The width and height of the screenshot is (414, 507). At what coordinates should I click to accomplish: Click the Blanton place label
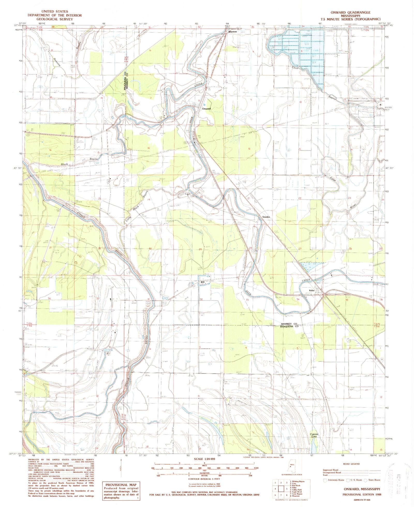(x=233, y=32)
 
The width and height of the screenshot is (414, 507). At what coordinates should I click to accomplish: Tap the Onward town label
(x=206, y=109)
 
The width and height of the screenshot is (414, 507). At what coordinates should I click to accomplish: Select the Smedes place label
(x=266, y=217)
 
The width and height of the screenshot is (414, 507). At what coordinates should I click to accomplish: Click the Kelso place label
(x=312, y=290)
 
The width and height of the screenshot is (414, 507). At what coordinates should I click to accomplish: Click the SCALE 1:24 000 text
(x=204, y=459)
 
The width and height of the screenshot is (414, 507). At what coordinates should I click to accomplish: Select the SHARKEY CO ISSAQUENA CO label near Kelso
(x=290, y=325)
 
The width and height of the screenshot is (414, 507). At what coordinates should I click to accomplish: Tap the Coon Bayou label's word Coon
(x=295, y=68)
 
